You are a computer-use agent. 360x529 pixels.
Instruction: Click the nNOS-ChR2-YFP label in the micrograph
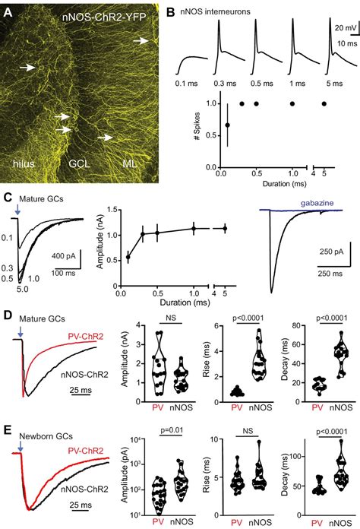click(111, 15)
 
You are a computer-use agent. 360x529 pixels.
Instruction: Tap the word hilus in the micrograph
click(27, 162)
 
